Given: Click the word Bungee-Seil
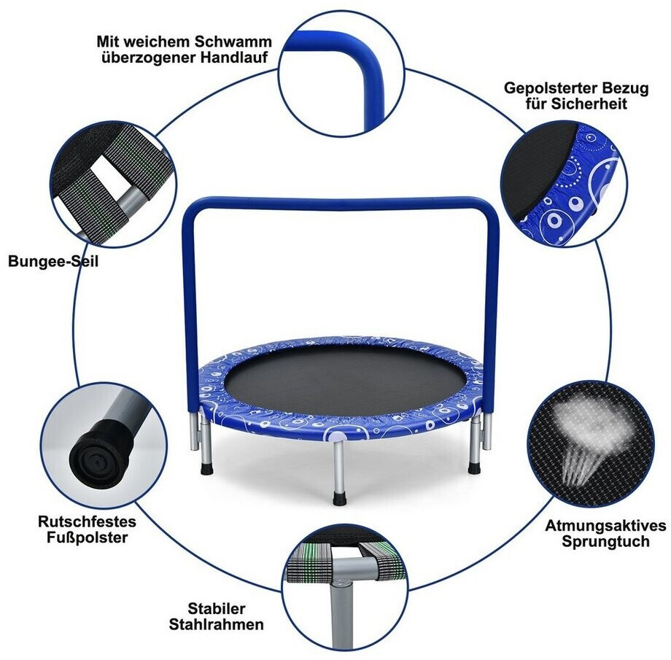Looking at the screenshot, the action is [53, 261].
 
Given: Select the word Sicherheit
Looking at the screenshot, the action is [589, 104].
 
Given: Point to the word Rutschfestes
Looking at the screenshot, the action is [88, 521].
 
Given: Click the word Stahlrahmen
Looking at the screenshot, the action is [216, 624].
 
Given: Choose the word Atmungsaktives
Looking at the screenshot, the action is [605, 526].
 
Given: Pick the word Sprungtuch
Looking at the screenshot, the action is [605, 541].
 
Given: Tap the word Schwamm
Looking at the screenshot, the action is [233, 42].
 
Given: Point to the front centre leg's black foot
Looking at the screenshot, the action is [339, 497].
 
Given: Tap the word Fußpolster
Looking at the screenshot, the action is [88, 537].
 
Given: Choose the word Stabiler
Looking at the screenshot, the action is [217, 608].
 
